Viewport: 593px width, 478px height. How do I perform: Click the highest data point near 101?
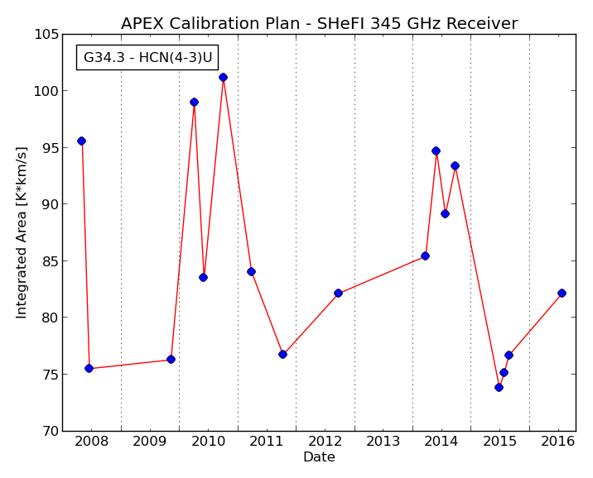tap(223, 78)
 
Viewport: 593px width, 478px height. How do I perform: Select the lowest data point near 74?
tap(499, 387)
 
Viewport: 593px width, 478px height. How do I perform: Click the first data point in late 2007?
tap(81, 141)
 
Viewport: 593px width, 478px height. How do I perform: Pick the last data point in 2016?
tap(562, 293)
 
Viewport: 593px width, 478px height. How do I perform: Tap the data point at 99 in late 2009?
tap(194, 103)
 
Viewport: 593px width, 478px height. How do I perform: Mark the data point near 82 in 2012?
tap(338, 293)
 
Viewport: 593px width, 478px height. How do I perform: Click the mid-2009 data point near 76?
tap(171, 360)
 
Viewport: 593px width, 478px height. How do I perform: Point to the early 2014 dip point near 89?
tap(445, 213)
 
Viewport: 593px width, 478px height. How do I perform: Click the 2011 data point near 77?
tap(282, 354)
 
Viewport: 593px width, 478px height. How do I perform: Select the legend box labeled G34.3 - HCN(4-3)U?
tap(147, 57)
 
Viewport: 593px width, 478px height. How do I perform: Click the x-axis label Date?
tap(319, 456)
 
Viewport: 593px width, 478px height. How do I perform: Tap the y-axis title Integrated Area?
tap(22, 232)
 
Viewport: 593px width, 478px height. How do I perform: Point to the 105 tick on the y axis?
tap(47, 35)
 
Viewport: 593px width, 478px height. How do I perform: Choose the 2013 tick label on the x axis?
tap(383, 441)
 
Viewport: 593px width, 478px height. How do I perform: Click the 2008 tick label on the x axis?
tap(92, 441)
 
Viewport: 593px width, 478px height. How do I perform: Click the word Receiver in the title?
tap(482, 23)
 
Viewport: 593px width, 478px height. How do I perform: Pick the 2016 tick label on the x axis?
tap(558, 441)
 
